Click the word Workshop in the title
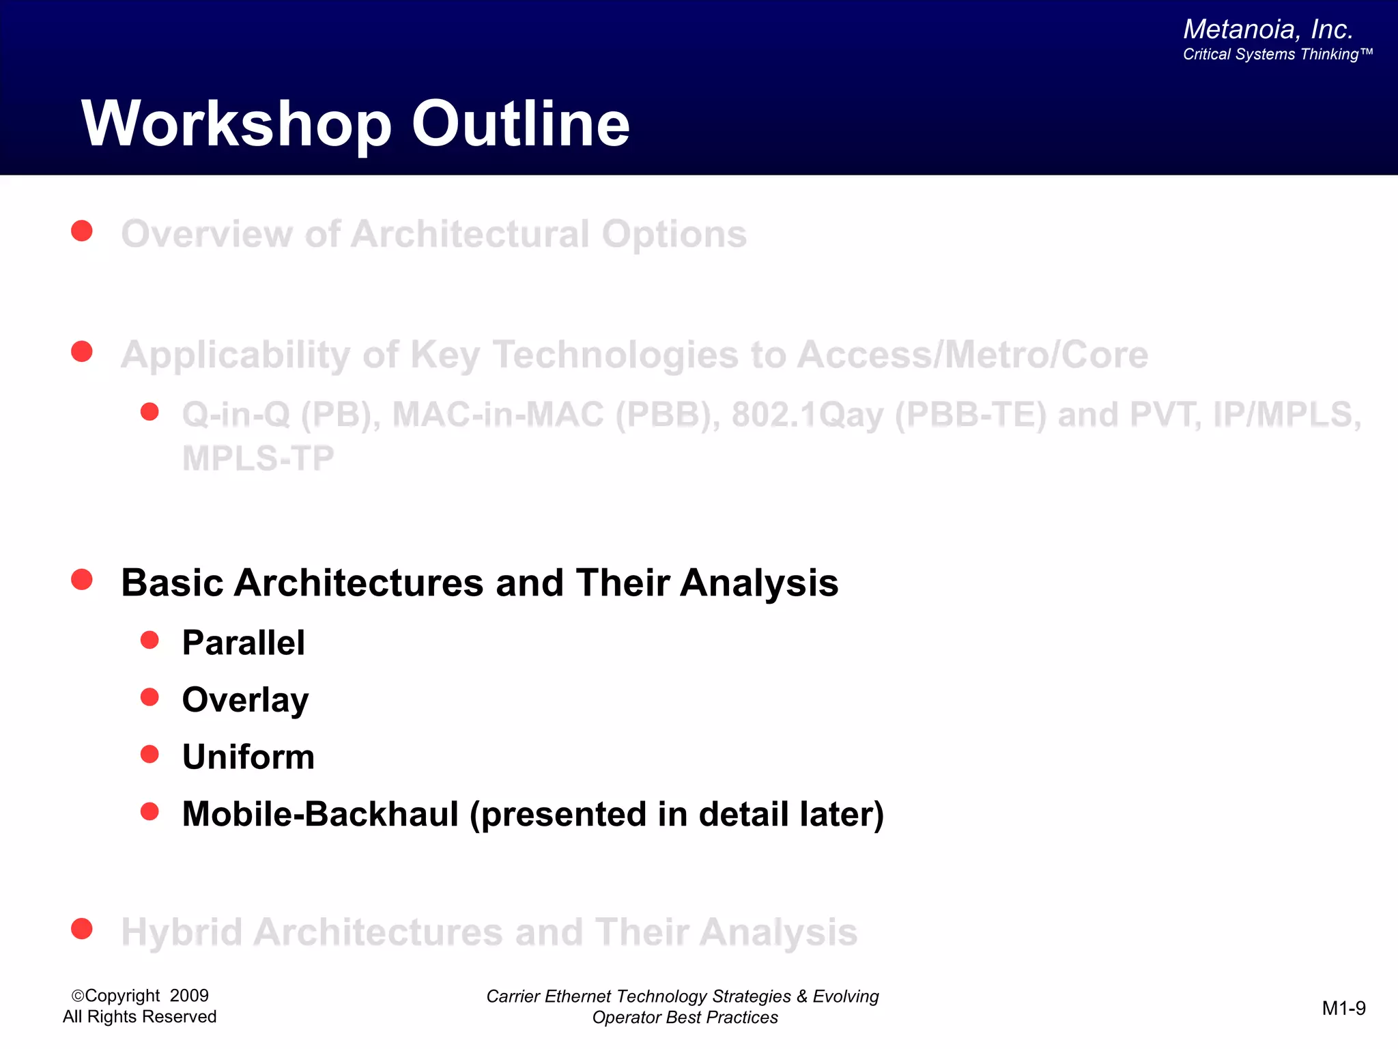click(236, 124)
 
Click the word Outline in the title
click(520, 124)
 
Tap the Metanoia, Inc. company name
click(1268, 29)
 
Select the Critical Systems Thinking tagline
click(1276, 55)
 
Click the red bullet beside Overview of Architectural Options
click(82, 231)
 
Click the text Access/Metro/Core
click(972, 355)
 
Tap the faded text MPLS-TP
click(258, 458)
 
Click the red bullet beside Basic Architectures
click(82, 580)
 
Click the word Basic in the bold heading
click(172, 583)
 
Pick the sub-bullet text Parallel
click(243, 643)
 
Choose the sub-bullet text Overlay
click(245, 701)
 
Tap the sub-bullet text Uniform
click(248, 757)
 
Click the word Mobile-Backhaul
click(320, 815)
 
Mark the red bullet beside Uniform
click(149, 754)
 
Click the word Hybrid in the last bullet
click(182, 932)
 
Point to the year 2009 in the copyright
click(189, 996)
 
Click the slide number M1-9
click(1343, 1008)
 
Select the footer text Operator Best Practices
click(685, 1018)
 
